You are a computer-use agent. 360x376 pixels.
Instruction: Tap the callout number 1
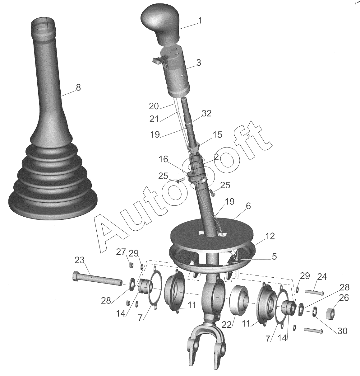200,21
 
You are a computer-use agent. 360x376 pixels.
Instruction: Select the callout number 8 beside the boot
78,87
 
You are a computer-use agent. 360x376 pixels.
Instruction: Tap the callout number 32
206,113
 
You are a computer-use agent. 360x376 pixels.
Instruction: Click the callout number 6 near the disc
248,206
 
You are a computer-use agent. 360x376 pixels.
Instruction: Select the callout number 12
270,236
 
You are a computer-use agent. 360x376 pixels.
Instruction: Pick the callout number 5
274,256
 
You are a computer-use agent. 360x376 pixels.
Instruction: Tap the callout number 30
342,331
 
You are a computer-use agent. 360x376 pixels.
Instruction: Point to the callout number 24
321,277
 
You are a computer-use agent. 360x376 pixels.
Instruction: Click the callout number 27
121,252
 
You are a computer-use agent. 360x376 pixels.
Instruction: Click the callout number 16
163,160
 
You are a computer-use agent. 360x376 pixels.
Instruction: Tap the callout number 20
154,106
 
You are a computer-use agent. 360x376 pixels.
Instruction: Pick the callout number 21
154,119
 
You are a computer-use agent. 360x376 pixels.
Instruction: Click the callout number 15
217,135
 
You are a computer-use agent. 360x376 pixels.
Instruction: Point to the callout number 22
226,325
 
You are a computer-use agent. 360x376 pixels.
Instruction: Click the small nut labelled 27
131,265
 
